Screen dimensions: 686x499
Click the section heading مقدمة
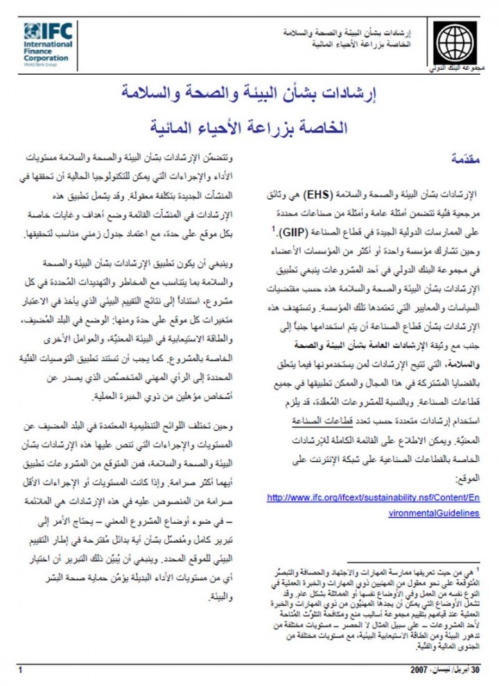coord(464,158)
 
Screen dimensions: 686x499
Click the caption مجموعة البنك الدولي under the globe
coord(454,70)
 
